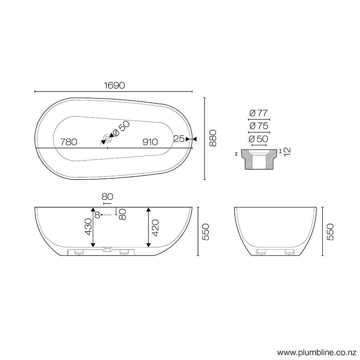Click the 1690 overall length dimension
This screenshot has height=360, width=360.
point(114,85)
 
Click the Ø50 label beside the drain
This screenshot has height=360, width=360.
point(122,129)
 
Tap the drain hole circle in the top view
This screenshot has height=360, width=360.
point(107,139)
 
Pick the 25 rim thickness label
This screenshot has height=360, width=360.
point(179,139)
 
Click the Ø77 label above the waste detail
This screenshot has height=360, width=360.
point(258,113)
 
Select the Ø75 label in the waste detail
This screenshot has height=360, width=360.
point(258,126)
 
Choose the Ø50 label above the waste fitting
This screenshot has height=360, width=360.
point(258,139)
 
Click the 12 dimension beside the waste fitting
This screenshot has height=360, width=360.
point(287,152)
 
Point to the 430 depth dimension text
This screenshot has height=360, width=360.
point(88,227)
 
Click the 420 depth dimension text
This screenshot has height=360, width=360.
point(156,227)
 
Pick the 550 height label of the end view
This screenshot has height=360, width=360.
point(330,232)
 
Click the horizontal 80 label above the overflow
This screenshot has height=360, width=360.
point(107,196)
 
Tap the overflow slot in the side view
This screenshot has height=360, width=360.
point(108,215)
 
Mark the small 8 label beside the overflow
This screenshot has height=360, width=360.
point(97,215)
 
